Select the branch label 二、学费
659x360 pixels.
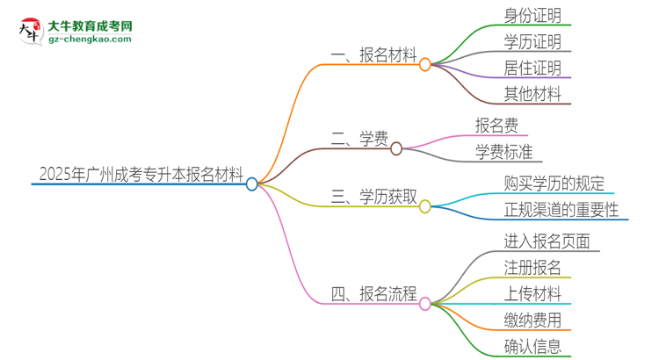pyautogui.click(x=359, y=140)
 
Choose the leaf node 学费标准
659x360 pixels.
pyautogui.click(x=503, y=152)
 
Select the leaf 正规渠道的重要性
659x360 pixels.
pyautogui.click(x=561, y=210)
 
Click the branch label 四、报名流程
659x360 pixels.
pyautogui.click(x=373, y=294)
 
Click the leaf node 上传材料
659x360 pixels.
pyautogui.click(x=532, y=294)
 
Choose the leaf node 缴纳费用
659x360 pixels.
pyautogui.click(x=532, y=320)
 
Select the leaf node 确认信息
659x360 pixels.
pyautogui.click(x=532, y=346)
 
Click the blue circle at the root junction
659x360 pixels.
pyautogui.click(x=252, y=184)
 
